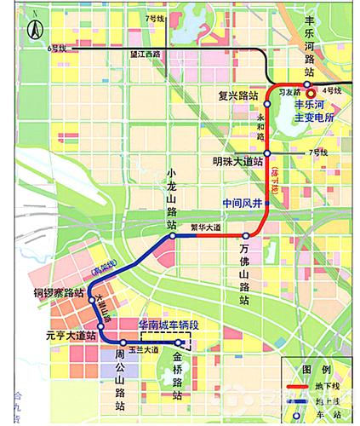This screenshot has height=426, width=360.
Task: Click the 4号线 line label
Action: pyautogui.click(x=332, y=89)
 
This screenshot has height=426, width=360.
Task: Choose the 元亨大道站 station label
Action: pyautogui.click(x=71, y=337)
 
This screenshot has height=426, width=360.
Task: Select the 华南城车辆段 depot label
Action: pyautogui.click(x=168, y=326)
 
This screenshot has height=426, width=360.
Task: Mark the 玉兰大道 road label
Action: pyautogui.click(x=146, y=350)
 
